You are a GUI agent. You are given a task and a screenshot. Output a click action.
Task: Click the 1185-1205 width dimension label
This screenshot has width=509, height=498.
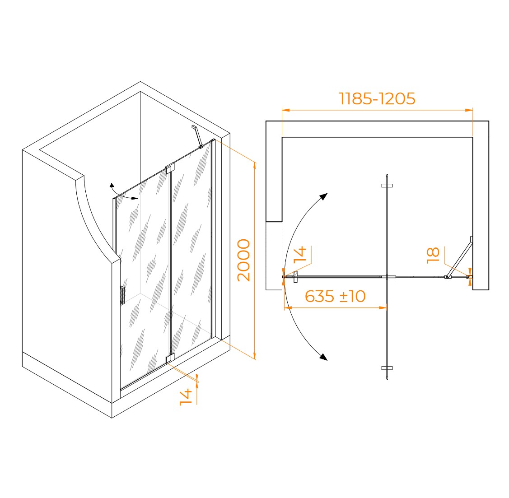click(x=377, y=98)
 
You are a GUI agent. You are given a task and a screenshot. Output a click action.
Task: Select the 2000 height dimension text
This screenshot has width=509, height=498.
click(x=244, y=260)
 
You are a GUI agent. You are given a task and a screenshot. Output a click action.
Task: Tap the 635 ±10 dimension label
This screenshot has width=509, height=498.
click(x=335, y=296)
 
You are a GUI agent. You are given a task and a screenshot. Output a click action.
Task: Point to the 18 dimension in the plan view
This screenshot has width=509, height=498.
click(x=433, y=255)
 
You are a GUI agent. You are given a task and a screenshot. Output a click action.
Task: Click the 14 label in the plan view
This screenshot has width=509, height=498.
click(x=300, y=254)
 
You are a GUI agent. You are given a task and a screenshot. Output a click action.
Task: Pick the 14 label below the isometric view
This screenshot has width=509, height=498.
click(x=186, y=397)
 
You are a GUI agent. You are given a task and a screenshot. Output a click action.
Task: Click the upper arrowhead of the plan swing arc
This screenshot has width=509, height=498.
click(x=324, y=196)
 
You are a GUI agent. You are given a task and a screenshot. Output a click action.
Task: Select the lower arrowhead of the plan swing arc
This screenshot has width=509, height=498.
click(x=323, y=357)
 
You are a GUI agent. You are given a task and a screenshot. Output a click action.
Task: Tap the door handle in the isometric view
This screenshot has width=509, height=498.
click(x=122, y=295)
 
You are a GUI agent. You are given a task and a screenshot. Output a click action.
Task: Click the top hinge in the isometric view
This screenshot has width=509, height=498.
click(x=170, y=168)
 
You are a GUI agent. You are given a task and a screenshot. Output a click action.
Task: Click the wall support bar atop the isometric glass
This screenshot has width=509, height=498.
click(x=198, y=137)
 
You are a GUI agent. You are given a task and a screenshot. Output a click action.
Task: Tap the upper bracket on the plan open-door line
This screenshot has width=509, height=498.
click(x=387, y=186)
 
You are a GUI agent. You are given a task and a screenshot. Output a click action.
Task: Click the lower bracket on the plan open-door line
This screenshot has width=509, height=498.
click(x=387, y=368)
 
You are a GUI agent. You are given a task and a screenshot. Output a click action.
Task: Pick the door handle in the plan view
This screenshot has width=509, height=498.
click(x=295, y=277)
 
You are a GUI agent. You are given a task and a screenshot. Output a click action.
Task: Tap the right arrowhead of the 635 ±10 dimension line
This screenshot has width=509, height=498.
click(x=383, y=307)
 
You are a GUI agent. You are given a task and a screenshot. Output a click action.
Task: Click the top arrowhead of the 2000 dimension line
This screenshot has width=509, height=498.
click(x=255, y=166)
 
